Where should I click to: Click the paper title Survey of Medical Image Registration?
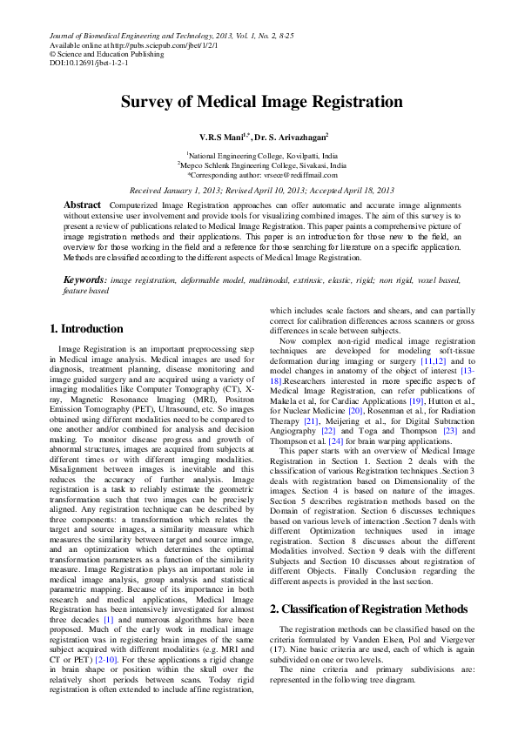tap(261, 102)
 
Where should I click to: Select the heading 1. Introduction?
tap(86, 329)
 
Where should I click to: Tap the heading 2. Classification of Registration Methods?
tap(369, 609)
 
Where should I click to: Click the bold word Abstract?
tap(82, 205)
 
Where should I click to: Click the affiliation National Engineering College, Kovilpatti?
tap(260, 155)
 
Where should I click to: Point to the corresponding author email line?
tap(261, 174)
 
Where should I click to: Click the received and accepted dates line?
tap(261, 190)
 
